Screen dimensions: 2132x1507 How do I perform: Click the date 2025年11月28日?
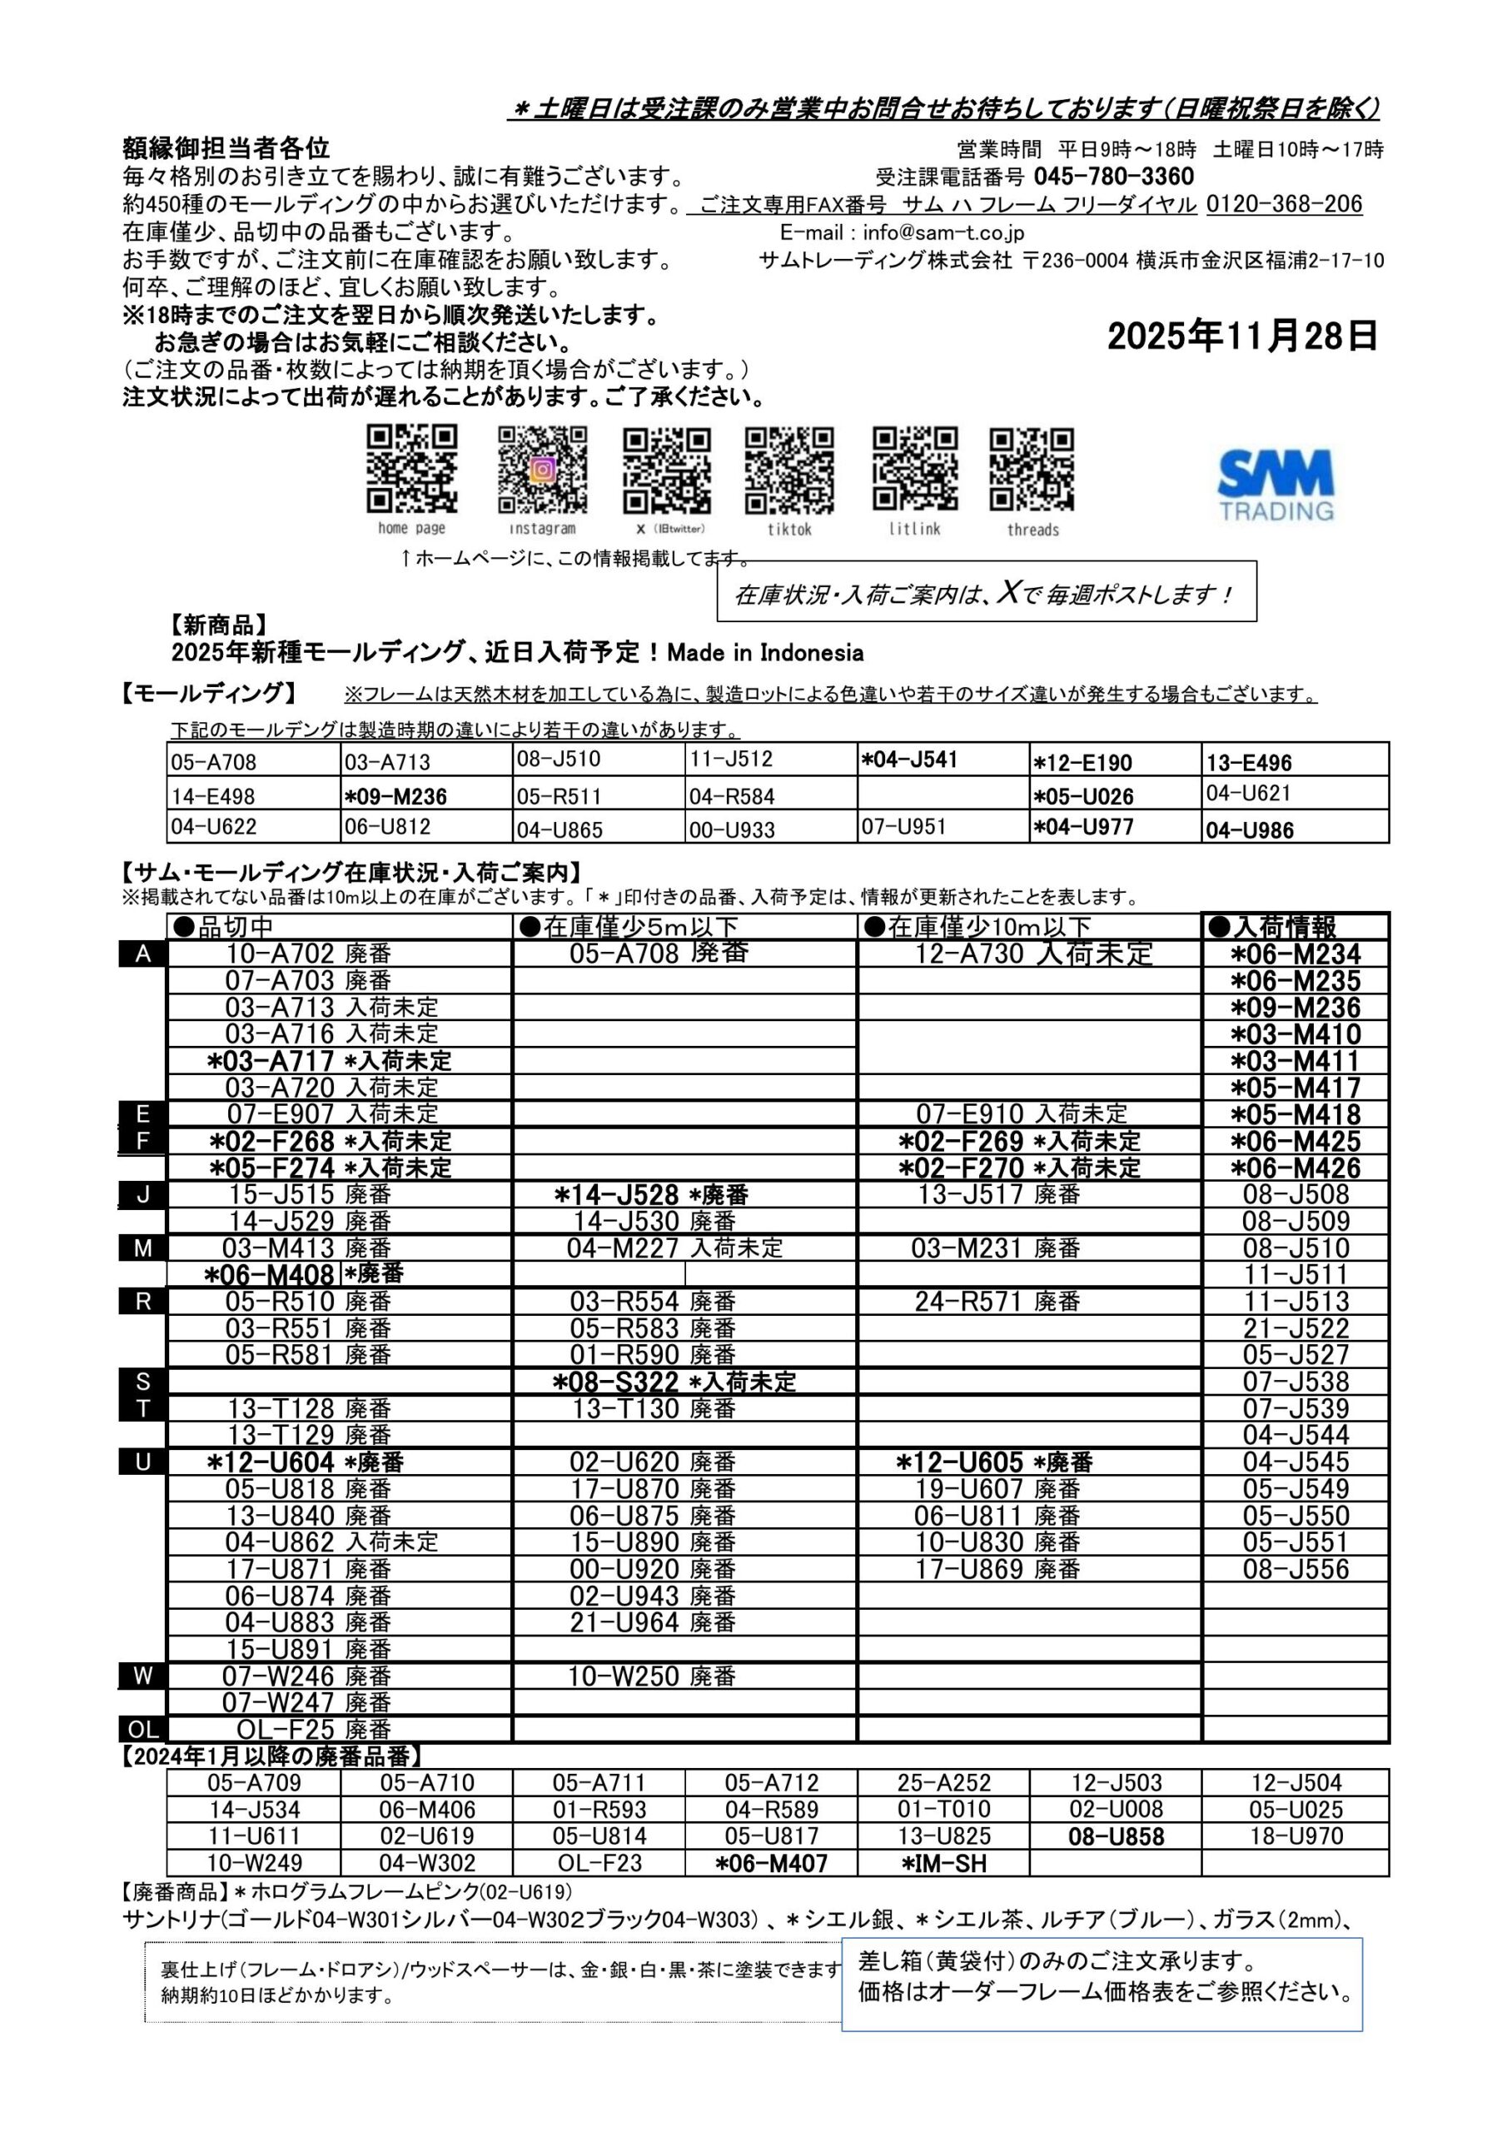tap(1241, 336)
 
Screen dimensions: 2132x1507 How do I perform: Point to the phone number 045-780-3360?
tap(1113, 177)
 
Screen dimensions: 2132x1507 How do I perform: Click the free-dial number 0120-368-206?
tap(1284, 204)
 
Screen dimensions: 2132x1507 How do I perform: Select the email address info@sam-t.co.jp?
tap(942, 232)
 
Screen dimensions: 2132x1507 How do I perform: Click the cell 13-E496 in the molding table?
tap(1249, 764)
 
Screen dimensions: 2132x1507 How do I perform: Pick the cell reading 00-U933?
tap(732, 830)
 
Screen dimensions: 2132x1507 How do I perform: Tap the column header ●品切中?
tap(224, 926)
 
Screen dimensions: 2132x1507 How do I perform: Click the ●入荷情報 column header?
tap(1273, 926)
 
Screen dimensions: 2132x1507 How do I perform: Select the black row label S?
tap(143, 1382)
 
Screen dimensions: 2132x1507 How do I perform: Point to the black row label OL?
tap(143, 1729)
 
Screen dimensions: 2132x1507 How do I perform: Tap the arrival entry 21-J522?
tap(1296, 1328)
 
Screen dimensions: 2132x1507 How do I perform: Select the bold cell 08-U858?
tap(1115, 1836)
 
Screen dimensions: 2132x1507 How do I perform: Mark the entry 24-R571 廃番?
tap(997, 1301)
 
